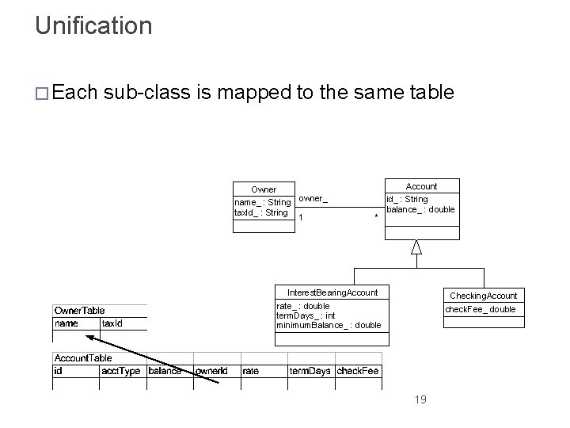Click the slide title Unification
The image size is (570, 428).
[x=93, y=25]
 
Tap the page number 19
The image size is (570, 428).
[x=420, y=399]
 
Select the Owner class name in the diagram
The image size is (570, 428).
[x=264, y=189]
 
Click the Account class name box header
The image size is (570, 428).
[x=421, y=186]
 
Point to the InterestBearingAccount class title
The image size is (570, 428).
[x=332, y=292]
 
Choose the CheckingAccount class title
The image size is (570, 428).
[x=483, y=296]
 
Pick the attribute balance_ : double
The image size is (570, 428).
[x=420, y=209]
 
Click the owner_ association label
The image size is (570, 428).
[x=313, y=198]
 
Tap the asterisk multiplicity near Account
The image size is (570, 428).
[x=375, y=216]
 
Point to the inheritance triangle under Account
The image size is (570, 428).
[x=416, y=247]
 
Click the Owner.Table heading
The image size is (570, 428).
[x=79, y=310]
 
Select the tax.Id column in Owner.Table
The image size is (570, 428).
[x=112, y=323]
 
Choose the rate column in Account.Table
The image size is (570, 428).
[x=250, y=371]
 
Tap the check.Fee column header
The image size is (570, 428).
[x=358, y=371]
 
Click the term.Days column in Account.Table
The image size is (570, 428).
[x=310, y=371]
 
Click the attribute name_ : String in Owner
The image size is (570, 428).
[x=263, y=203]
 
